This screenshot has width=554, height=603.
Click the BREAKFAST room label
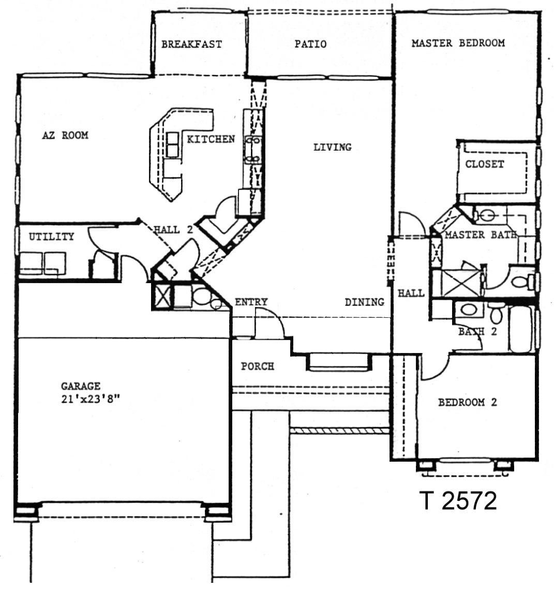(191, 44)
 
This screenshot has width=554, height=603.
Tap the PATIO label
(310, 44)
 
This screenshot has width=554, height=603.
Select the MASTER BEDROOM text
(458, 42)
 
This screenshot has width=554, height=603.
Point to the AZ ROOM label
(65, 135)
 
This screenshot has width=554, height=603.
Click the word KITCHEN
(211, 139)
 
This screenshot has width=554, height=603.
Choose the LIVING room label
(332, 147)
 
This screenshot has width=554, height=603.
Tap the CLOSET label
(484, 164)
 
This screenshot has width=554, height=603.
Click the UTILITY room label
(52, 236)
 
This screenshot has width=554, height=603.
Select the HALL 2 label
(173, 230)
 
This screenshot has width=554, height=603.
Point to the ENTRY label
(251, 302)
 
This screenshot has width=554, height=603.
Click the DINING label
(364, 302)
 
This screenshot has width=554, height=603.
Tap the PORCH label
(258, 366)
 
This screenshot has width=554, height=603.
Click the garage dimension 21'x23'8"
(91, 399)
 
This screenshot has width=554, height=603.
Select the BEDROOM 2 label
(468, 402)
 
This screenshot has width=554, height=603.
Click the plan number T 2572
(458, 501)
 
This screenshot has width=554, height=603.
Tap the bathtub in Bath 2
(521, 329)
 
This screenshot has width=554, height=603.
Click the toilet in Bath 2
(496, 313)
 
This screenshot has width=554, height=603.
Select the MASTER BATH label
(481, 234)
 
